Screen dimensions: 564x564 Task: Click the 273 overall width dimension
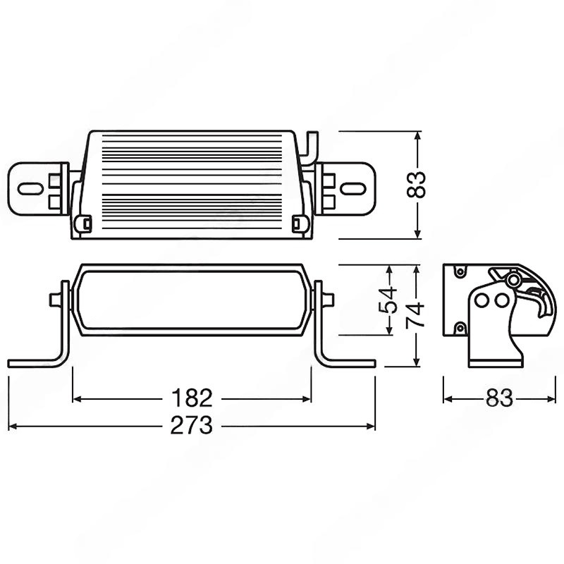[191, 426]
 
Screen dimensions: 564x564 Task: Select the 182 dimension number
[192, 398]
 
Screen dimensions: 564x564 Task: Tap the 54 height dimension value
[388, 300]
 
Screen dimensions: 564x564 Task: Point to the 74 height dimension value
[415, 315]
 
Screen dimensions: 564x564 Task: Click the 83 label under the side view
[499, 398]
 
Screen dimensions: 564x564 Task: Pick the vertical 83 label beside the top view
[416, 185]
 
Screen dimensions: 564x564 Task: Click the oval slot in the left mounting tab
[30, 189]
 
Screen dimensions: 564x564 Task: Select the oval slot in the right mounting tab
[353, 188]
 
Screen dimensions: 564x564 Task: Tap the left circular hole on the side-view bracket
[482, 300]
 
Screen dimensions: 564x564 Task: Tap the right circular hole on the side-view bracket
[501, 300]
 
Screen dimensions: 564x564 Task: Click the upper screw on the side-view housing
[460, 271]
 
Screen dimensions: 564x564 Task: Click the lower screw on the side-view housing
[460, 328]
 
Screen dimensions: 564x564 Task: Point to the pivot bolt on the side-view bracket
[514, 279]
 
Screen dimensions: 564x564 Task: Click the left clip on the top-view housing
[83, 223]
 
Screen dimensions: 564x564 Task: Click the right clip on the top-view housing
[300, 223]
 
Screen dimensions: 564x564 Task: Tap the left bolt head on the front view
[55, 300]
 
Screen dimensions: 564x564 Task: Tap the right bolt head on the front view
[328, 300]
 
